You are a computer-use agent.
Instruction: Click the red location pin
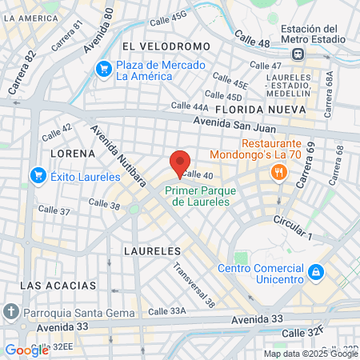[x=180, y=162]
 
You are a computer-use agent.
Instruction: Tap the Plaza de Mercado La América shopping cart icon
[x=103, y=70]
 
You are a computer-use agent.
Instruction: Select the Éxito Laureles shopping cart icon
[x=38, y=175]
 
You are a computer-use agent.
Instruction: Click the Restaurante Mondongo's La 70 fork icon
[x=278, y=171]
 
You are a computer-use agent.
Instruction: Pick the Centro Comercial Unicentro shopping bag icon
[x=316, y=272]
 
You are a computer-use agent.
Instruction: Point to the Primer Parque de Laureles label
[x=198, y=196]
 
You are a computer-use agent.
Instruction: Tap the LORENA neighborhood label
[x=68, y=152]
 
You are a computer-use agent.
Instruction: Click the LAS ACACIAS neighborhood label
[x=58, y=285]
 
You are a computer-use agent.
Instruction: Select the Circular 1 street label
[x=292, y=229]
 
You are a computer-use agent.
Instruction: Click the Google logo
[x=26, y=350]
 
